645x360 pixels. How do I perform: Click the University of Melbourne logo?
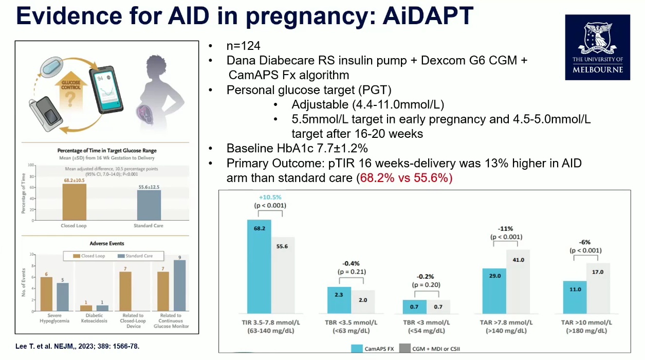[x=598, y=47]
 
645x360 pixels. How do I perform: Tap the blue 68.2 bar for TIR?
[x=259, y=267]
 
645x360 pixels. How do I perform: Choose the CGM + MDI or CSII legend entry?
[x=435, y=348]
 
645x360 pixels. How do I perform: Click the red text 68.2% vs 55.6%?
[x=404, y=178]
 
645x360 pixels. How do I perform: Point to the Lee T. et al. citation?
[x=77, y=347]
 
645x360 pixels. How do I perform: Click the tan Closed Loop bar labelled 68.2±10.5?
[x=74, y=202]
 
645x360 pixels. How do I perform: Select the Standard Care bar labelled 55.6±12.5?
[x=149, y=205]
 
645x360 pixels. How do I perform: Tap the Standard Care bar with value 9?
[x=180, y=285]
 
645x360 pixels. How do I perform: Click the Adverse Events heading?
[x=107, y=243]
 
